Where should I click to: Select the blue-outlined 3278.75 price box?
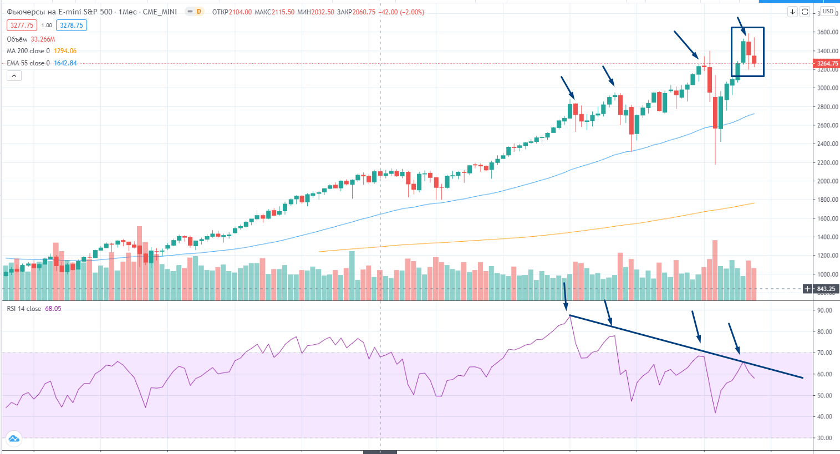(72, 25)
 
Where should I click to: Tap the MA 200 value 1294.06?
(65, 51)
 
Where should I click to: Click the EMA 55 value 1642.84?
(65, 63)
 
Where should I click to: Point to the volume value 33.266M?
(43, 39)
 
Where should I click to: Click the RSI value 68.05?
(53, 309)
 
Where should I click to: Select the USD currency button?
(828, 11)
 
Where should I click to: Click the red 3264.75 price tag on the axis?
(827, 64)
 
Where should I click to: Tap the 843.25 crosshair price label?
(826, 289)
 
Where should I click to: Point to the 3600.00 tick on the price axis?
(827, 32)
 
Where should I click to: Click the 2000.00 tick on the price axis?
(827, 181)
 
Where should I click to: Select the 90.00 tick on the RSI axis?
(825, 310)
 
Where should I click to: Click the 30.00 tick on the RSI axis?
(825, 438)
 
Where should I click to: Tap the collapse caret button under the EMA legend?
(14, 76)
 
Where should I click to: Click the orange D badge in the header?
(198, 12)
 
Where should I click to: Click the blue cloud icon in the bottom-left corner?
(14, 439)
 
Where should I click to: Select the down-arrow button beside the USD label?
(792, 12)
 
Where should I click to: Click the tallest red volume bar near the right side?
(715, 270)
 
